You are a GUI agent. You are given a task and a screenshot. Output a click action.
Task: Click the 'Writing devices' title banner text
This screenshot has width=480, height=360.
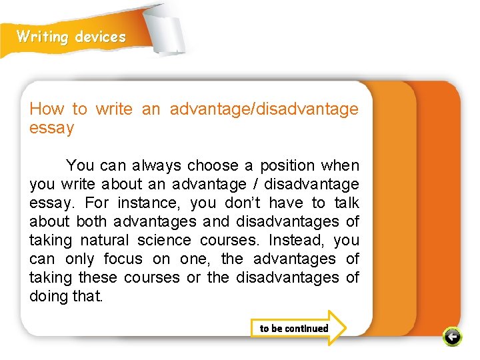point(71,37)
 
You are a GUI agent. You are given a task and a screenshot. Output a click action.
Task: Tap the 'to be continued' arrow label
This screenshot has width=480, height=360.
point(294,328)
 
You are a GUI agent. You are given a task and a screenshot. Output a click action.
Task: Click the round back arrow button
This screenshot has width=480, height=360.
point(452,337)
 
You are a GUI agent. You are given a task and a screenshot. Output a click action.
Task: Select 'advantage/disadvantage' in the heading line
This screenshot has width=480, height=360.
point(264,109)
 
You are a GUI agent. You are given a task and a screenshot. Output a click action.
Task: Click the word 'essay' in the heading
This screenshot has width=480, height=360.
point(51,127)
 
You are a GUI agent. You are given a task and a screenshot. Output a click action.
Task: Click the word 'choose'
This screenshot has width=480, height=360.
point(212,165)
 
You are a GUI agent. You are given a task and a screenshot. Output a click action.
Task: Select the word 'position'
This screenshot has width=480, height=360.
point(287,165)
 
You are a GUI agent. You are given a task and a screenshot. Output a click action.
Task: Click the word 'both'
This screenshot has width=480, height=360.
point(92,221)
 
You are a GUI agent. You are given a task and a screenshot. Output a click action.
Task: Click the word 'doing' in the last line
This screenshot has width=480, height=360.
point(48,296)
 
